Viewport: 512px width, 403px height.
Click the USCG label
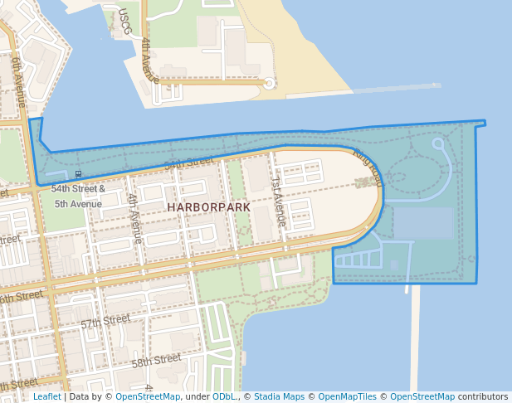124,18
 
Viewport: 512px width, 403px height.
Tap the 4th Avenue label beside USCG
149,60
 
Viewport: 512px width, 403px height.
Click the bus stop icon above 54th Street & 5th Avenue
78,174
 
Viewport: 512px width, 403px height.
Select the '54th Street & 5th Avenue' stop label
78,196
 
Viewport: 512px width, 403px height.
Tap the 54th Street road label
188,163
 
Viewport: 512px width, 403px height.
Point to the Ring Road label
368,166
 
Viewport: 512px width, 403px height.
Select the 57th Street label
105,320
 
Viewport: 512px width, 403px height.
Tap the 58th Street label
156,361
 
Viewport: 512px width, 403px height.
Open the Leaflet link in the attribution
46,396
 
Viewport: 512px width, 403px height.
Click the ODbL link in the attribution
223,396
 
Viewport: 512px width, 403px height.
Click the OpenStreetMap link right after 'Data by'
147,396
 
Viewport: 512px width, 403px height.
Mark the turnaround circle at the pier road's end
269,83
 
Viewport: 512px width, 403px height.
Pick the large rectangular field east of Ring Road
423,223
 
